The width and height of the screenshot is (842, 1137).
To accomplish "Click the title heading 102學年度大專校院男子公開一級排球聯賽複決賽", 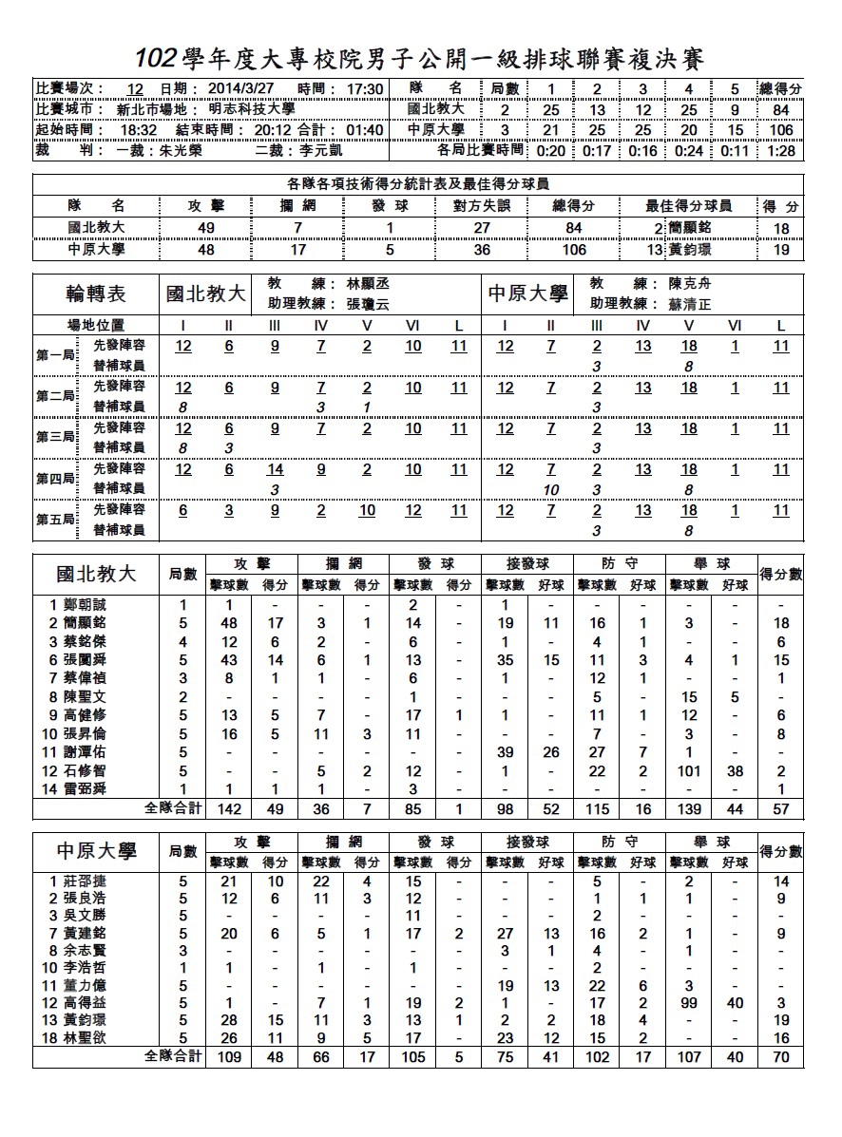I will (x=419, y=59).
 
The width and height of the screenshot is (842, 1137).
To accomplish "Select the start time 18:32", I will (x=138, y=130).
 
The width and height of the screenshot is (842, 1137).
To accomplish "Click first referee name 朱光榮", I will (x=175, y=150).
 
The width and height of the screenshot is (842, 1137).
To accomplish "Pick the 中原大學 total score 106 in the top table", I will (x=780, y=130).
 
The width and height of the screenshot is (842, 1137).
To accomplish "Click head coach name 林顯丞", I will (x=369, y=284).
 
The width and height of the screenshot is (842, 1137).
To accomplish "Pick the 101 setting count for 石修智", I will (x=689, y=771).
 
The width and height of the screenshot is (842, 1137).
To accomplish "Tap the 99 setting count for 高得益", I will (x=689, y=1002).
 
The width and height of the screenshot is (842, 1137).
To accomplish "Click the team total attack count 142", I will (x=229, y=808).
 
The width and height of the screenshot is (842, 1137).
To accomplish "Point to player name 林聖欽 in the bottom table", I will (x=86, y=1037).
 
